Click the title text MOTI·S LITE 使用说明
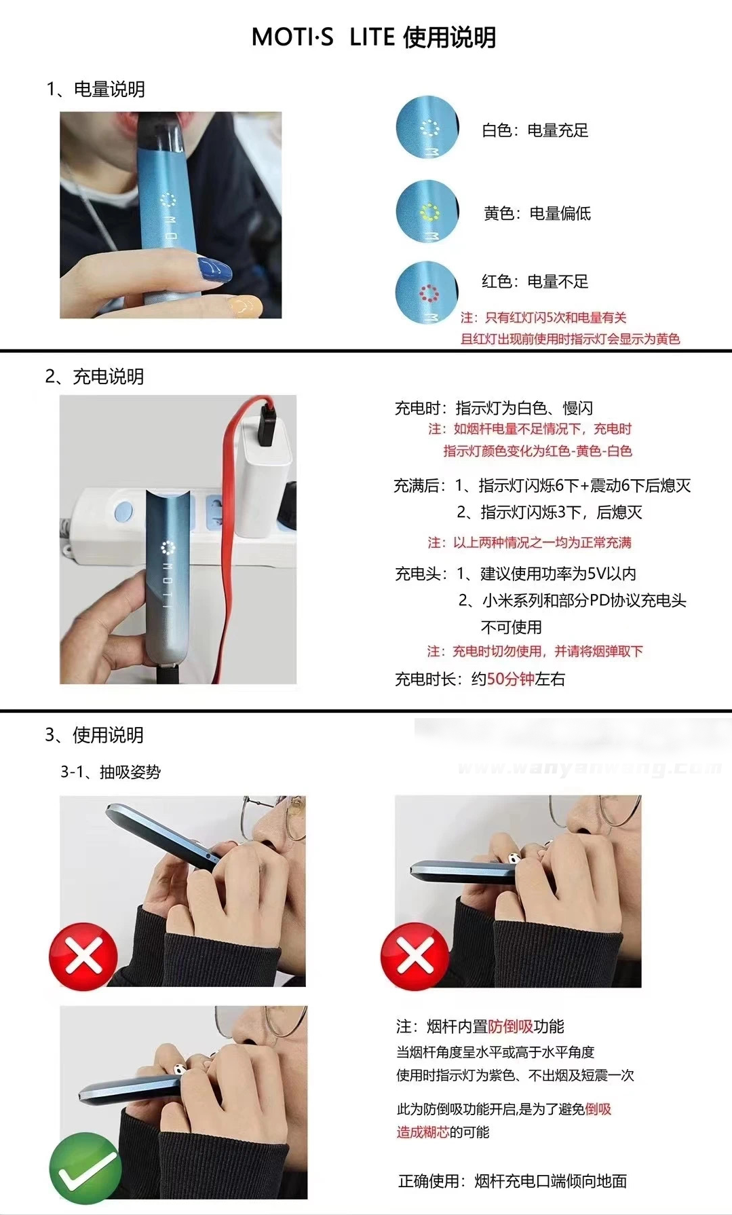tap(374, 37)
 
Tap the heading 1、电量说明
tap(95, 89)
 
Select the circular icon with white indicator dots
tap(427, 128)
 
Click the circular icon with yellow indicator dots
tap(427, 211)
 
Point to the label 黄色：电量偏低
tap(537, 213)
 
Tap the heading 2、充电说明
tap(94, 376)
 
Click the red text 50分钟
tap(510, 679)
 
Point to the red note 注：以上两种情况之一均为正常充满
tap(529, 542)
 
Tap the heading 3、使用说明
tap(94, 734)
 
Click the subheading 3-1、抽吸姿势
tap(111, 772)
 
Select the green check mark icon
tap(85, 1167)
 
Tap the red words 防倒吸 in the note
tap(510, 1026)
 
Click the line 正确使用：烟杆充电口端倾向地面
tap(512, 1181)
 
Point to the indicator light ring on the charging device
tap(168, 547)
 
